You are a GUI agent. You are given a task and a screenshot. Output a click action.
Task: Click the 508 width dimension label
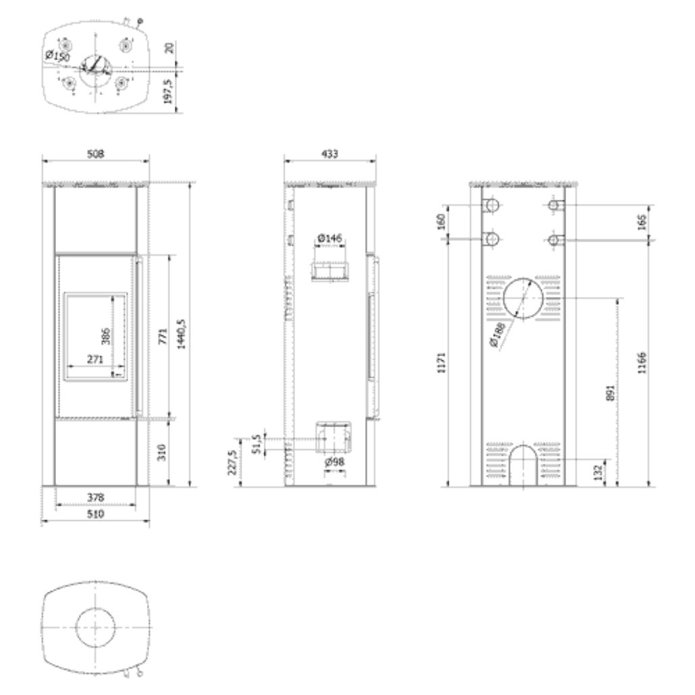(96, 155)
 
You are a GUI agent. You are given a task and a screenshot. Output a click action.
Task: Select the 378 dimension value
(96, 498)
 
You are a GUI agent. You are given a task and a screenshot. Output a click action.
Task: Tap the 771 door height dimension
(162, 335)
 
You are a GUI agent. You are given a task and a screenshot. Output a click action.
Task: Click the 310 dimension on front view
(162, 451)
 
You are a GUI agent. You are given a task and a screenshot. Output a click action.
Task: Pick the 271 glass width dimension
(95, 360)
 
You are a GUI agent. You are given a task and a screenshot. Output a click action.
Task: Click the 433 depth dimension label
(329, 155)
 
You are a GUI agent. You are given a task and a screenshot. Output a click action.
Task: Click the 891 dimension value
(609, 393)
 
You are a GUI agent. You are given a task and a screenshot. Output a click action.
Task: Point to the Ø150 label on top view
(57, 56)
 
